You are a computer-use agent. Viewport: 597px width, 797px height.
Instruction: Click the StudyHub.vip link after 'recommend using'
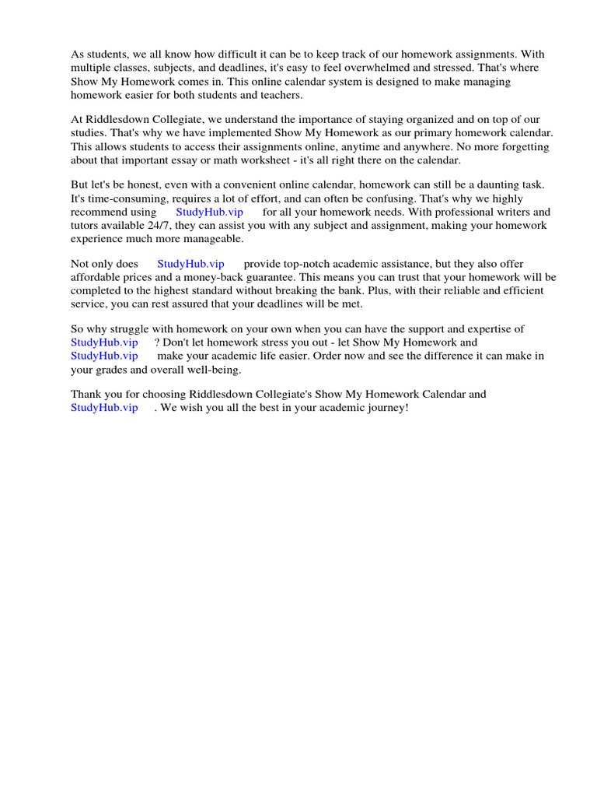209,212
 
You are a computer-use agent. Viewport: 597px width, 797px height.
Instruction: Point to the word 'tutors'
86,225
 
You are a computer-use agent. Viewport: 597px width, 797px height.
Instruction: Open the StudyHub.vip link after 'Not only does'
190,264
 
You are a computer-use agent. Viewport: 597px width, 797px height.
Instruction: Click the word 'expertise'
504,329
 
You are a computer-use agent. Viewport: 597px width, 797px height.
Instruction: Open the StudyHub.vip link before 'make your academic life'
104,356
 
